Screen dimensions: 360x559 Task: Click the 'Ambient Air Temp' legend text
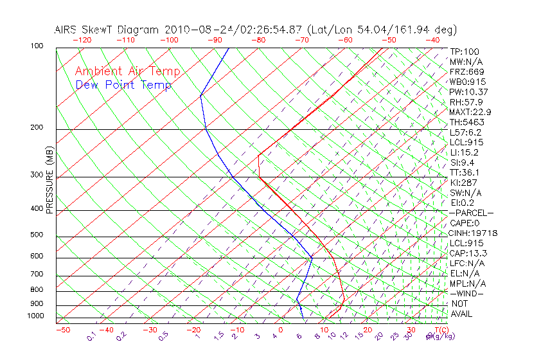click(128, 71)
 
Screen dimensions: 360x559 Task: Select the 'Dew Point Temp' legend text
click(123, 85)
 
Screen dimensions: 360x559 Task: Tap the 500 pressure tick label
click(37, 235)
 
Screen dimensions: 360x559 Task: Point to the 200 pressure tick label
click(37, 127)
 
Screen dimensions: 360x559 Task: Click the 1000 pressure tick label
click(35, 316)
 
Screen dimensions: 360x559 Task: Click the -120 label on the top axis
click(82, 40)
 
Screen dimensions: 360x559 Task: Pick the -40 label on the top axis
click(432, 40)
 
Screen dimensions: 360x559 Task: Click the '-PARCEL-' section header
click(471, 213)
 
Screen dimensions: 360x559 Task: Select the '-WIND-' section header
click(467, 293)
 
